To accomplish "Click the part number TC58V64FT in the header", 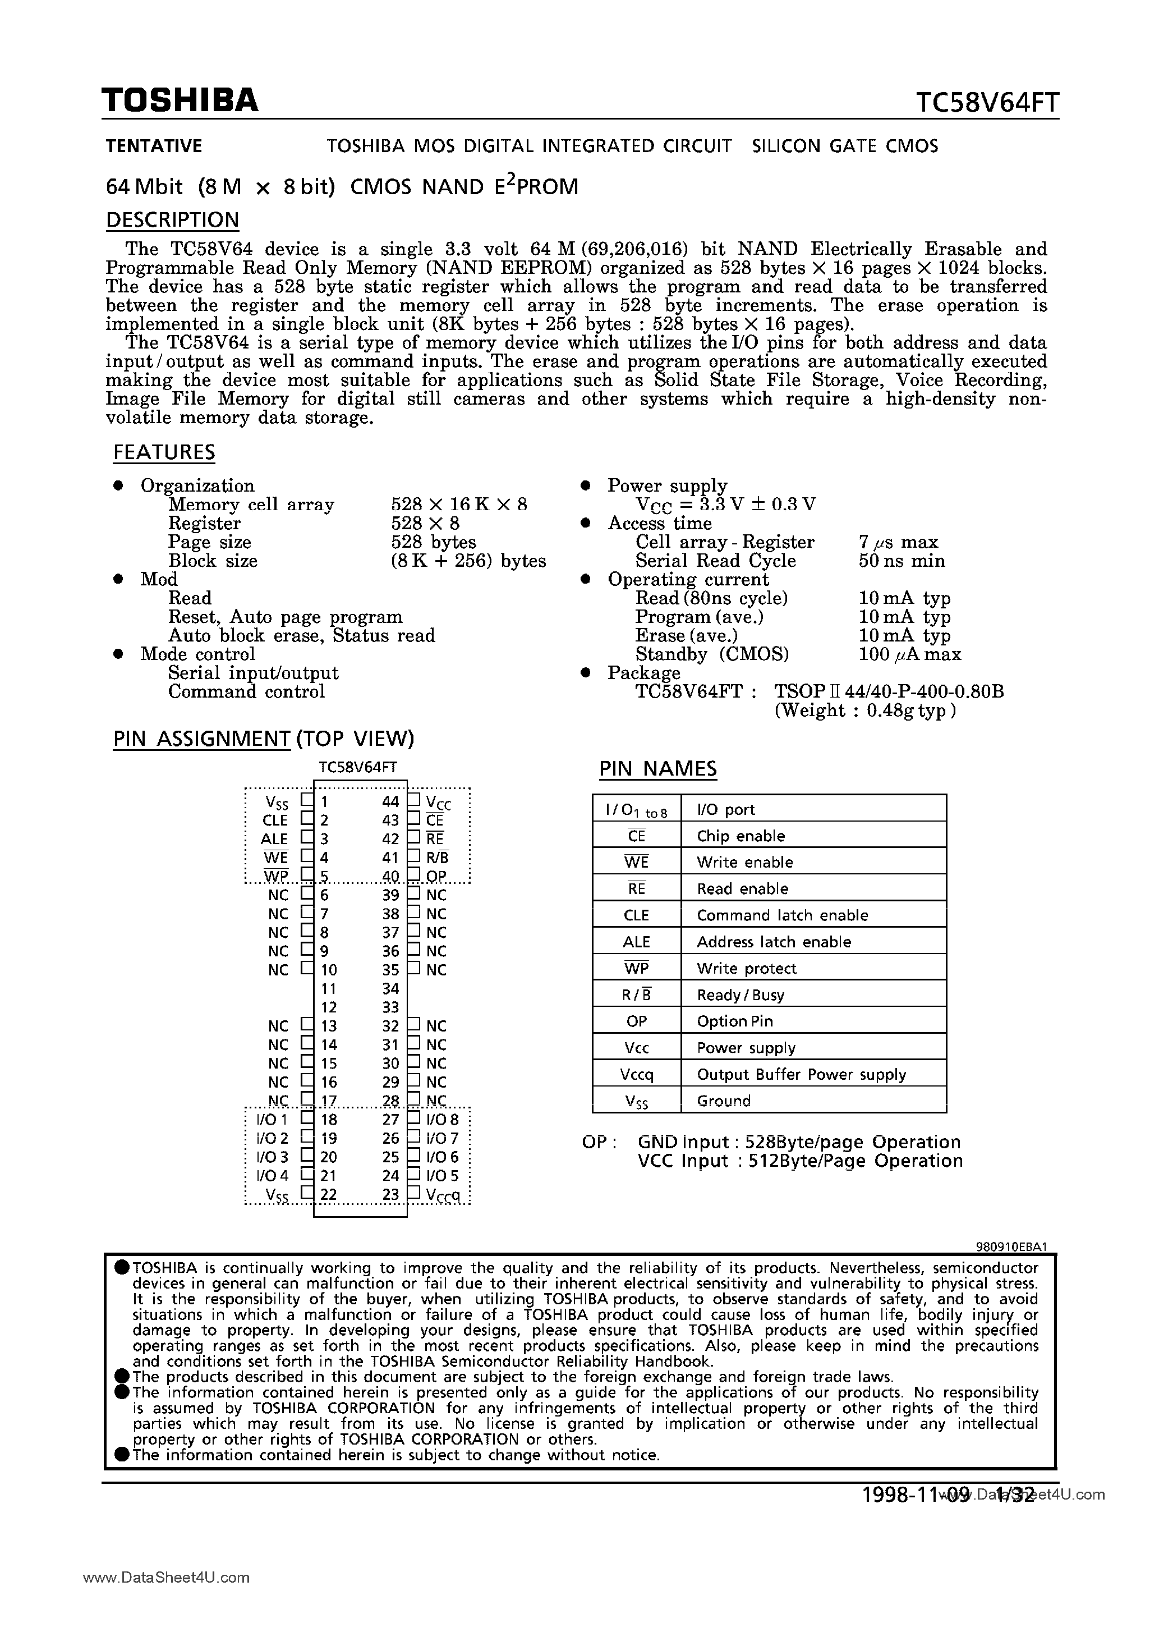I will pyautogui.click(x=987, y=104).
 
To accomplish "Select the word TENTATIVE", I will pyautogui.click(x=154, y=146).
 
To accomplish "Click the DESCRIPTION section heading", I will pyautogui.click(x=172, y=220).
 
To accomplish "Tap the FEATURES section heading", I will pyautogui.click(x=164, y=452).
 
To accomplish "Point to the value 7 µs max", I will pyautogui.click(x=898, y=543).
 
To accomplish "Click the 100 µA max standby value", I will pyautogui.click(x=909, y=655).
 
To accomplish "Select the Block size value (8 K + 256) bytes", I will pyautogui.click(x=468, y=561).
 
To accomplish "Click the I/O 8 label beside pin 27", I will pyautogui.click(x=442, y=1120).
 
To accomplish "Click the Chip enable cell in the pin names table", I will pyautogui.click(x=741, y=836).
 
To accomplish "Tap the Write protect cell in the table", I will pyautogui.click(x=746, y=969).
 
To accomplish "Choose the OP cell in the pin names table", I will pyautogui.click(x=636, y=1021).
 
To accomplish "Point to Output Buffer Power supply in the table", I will pyautogui.click(x=801, y=1075).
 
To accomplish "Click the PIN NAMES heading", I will pyautogui.click(x=657, y=769).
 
